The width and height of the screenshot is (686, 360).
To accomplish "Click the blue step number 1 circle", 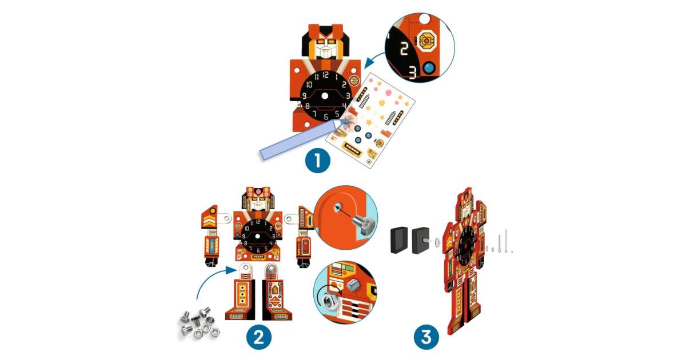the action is [x=318, y=161].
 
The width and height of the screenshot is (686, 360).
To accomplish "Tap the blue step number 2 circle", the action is [x=259, y=338].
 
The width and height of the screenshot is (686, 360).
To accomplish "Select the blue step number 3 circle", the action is [x=426, y=338].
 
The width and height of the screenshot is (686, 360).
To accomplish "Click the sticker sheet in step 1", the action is [x=370, y=121].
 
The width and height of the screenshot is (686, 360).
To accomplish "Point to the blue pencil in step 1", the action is [x=302, y=139].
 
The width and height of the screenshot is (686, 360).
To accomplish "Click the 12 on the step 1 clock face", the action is [x=325, y=75].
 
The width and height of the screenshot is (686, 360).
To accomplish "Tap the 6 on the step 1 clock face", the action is [x=326, y=117].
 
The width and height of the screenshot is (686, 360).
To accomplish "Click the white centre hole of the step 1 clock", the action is [x=325, y=96].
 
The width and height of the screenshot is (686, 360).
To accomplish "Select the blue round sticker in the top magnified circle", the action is [x=429, y=68].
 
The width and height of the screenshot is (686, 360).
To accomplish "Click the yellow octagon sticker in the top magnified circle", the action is [x=426, y=41].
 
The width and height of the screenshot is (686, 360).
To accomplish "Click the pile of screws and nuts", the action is [x=199, y=325].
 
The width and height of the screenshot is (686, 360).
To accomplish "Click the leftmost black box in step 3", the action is [x=399, y=240].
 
